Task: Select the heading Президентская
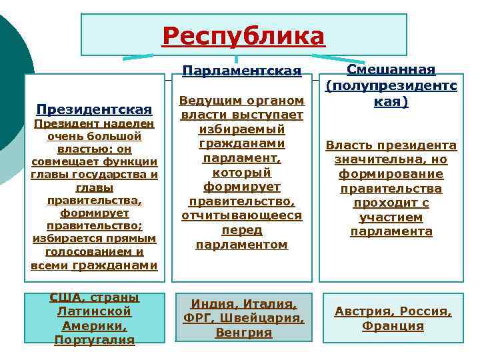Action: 95,109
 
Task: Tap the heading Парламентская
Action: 241,71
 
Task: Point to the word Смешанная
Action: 392,71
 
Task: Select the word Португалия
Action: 95,339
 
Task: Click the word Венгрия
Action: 243,332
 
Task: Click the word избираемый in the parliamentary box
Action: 241,129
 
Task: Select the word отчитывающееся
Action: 241,215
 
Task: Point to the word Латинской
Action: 95,311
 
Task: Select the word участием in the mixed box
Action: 391,217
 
